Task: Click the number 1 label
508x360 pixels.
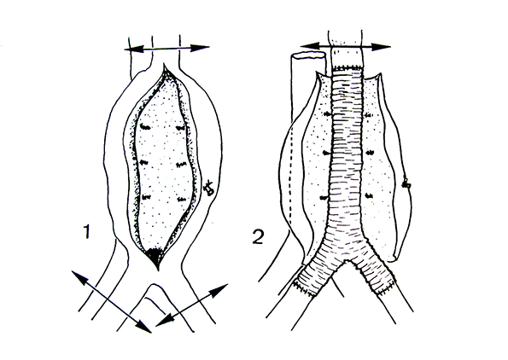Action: point(86,232)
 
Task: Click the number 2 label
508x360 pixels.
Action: point(258,236)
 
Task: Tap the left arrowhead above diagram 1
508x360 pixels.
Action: point(133,49)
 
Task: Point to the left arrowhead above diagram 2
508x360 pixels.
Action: point(311,46)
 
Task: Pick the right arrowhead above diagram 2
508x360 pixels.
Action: point(381,46)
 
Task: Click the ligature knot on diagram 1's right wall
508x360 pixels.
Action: point(208,188)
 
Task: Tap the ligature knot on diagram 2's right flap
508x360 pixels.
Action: point(406,183)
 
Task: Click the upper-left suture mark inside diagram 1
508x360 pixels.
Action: point(145,127)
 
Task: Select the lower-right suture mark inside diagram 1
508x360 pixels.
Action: point(182,199)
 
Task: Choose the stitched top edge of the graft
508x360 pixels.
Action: point(347,67)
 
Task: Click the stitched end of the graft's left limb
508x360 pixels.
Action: point(305,287)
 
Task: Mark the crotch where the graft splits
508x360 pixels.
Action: point(347,260)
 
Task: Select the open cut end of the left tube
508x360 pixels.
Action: point(308,55)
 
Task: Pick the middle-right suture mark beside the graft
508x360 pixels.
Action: point(370,152)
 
